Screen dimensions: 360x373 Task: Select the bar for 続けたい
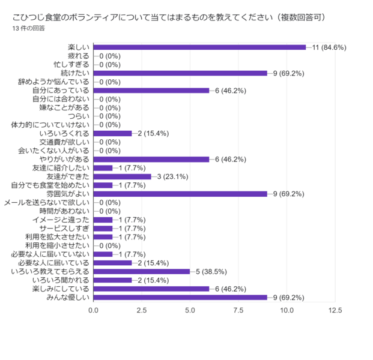(x=181, y=73)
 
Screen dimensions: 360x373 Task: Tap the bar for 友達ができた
(x=123, y=176)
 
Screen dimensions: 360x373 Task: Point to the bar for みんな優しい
(x=181, y=297)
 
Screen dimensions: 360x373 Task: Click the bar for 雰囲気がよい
(x=181, y=194)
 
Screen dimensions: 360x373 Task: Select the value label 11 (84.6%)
(x=329, y=47)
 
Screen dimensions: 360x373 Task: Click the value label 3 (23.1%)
(x=173, y=176)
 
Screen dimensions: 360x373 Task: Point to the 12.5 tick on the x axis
(x=335, y=311)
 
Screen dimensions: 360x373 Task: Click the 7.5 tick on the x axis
(x=238, y=311)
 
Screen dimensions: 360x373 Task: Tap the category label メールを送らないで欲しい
(x=47, y=202)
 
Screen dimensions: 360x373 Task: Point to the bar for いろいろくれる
(x=113, y=133)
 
